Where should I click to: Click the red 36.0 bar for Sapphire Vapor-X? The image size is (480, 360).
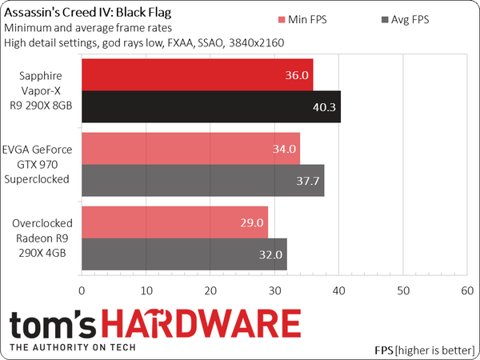[197, 74]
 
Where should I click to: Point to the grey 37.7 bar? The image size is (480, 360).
[202, 180]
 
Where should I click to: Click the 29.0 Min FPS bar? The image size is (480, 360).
[174, 222]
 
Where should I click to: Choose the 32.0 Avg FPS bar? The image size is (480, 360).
[184, 254]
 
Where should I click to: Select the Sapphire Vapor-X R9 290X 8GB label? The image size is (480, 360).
[41, 90]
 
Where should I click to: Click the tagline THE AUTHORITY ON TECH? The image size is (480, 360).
[77, 348]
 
